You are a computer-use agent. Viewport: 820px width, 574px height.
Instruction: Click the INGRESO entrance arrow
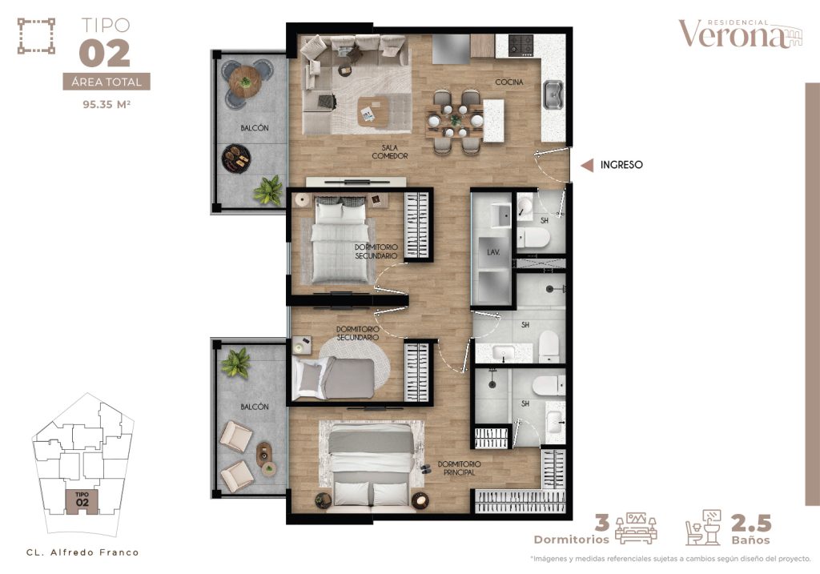pos(587,165)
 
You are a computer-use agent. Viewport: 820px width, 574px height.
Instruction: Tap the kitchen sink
pos(553,95)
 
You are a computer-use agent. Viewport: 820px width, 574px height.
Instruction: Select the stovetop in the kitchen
pos(521,45)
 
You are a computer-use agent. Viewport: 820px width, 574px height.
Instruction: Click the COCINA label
pos(508,82)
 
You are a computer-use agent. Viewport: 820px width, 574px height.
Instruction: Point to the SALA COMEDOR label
pos(390,151)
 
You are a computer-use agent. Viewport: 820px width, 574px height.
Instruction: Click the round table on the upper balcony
pos(245,82)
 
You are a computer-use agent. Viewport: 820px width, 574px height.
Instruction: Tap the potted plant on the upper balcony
pos(268,190)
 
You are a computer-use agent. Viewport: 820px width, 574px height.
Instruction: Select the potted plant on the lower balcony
pos(235,363)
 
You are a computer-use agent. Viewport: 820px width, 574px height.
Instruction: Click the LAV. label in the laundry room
pos(493,252)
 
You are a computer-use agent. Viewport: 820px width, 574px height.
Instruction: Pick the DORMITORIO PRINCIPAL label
pos(459,468)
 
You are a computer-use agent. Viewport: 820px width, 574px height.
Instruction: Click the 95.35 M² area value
pos(107,104)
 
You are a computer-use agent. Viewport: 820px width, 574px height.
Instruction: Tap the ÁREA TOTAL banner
pos(107,82)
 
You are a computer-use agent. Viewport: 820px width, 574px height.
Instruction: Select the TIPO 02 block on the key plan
pos(82,501)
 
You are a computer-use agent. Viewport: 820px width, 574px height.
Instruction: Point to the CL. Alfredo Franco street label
pos(82,552)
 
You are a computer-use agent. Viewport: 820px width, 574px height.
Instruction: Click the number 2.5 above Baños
pos(751,523)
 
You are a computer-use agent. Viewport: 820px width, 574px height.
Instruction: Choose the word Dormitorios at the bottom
pos(572,540)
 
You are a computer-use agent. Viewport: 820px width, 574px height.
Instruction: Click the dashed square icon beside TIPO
pos(36,36)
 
